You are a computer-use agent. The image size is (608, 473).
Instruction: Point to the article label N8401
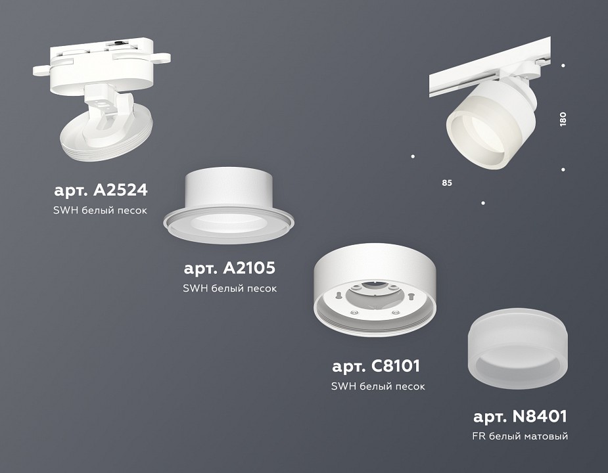[x=520, y=416]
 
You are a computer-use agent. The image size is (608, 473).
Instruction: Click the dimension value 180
[x=563, y=119]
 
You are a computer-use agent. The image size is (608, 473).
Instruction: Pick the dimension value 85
[x=447, y=182]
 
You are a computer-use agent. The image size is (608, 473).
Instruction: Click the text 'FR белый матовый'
[x=520, y=436]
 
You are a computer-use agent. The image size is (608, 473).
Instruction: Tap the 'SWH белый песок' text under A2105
[x=230, y=288]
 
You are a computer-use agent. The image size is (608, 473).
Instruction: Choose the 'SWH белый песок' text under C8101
[x=378, y=386]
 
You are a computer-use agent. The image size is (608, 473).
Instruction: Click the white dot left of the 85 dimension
[x=413, y=156]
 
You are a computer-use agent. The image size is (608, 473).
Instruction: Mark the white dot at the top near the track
[x=563, y=65]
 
